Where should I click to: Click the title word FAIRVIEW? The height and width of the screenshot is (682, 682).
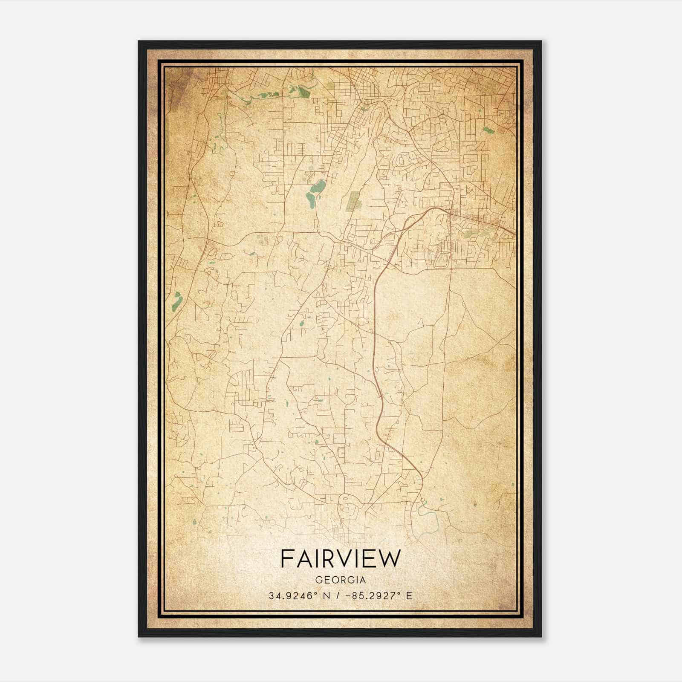341,558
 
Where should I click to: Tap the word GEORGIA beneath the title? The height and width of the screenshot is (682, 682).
341,580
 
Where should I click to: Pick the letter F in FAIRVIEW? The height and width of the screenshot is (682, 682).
286,558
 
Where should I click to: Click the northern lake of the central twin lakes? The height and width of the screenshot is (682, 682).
318,186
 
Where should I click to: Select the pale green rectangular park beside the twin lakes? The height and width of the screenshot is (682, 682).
354,201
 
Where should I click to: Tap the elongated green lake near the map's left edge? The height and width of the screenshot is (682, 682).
176,301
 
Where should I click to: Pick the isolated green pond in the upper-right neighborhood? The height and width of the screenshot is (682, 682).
488,130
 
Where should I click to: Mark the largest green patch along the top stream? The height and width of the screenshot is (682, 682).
303,92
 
